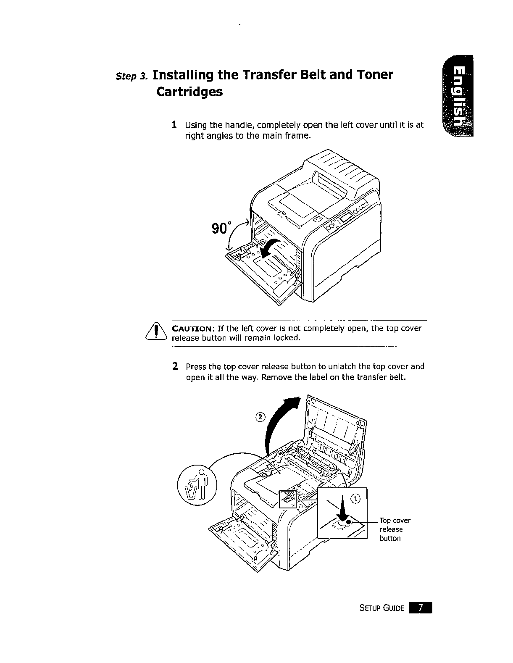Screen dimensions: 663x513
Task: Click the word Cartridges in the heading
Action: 189,92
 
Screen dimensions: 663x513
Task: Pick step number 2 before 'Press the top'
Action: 175,366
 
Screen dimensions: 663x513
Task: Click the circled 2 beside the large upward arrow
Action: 260,417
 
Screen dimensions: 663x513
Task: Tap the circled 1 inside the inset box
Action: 356,499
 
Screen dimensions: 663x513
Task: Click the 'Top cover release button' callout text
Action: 395,529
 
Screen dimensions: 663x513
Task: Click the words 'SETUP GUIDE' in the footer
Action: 382,608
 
